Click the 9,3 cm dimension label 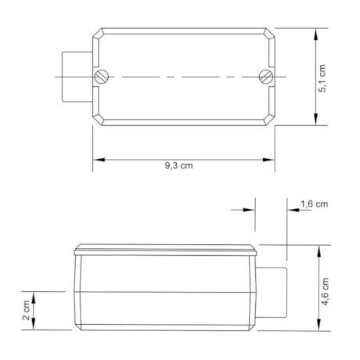178,166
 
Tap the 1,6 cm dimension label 314,203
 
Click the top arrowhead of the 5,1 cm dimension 316,34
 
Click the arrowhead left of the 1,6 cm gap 252,211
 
